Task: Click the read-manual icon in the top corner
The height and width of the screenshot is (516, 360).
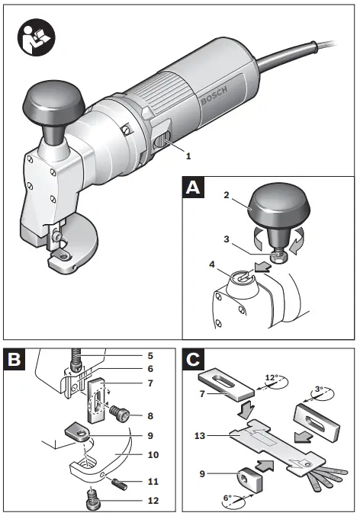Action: (37, 37)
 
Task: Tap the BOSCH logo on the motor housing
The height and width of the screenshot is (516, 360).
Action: (214, 95)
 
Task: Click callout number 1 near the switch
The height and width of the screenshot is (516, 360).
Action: (188, 155)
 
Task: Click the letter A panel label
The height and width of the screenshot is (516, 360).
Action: (193, 187)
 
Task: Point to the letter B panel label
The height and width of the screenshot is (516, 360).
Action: (14, 359)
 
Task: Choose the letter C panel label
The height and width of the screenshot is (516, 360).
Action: (193, 359)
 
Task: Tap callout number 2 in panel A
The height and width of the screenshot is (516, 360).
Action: (227, 195)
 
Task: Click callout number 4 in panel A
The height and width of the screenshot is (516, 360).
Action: (212, 264)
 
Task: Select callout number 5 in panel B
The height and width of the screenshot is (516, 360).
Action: (150, 356)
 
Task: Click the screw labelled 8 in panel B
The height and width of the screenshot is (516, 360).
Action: (119, 412)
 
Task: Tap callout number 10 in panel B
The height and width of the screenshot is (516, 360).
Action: (153, 455)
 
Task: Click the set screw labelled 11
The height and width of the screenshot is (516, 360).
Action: (118, 483)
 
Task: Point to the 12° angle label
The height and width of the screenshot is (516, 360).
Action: (272, 377)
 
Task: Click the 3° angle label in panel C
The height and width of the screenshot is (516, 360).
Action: (319, 389)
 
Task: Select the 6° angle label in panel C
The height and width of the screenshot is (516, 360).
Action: (228, 498)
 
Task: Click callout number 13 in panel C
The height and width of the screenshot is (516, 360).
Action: (200, 436)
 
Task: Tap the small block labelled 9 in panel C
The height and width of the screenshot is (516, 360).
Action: (249, 479)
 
